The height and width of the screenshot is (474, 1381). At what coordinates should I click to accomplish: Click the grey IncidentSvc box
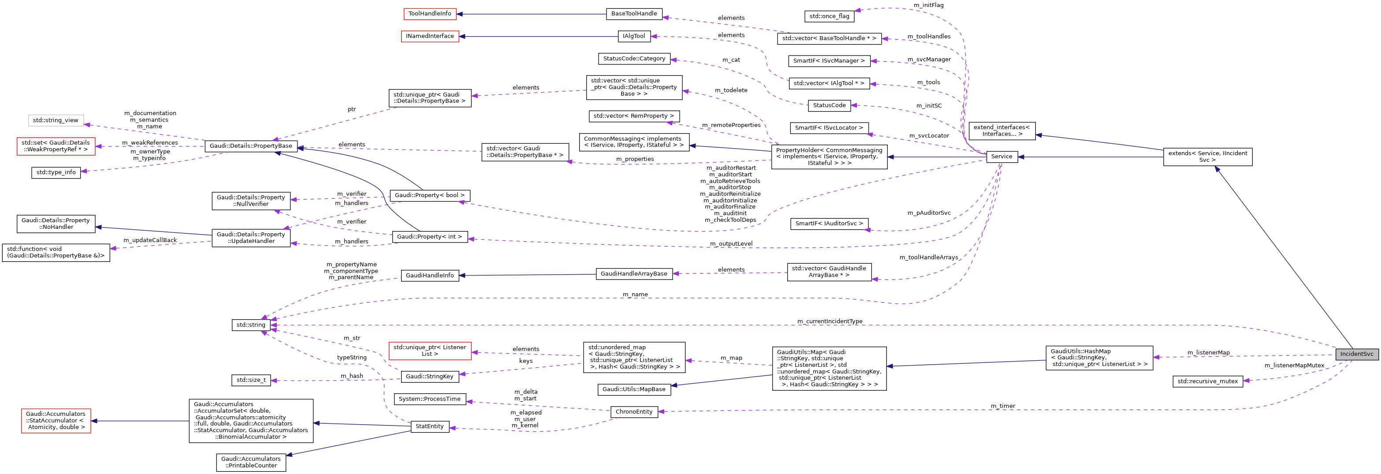(1356, 355)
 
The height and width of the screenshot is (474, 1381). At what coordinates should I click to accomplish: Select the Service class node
(1001, 157)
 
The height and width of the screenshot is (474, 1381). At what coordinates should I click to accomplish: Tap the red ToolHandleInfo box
(429, 13)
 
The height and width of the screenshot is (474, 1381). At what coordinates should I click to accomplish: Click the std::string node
(251, 325)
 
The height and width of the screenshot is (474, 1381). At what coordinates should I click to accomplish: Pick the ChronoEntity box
(634, 412)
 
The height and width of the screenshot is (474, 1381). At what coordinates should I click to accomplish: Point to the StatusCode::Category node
(634, 59)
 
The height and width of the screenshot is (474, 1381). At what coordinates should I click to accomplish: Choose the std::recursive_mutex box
(1207, 381)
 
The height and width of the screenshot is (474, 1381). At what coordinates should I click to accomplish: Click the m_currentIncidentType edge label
(830, 321)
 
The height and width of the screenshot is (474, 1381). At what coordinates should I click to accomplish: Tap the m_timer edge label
(1002, 406)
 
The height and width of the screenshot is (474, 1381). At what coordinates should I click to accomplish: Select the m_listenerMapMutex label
(1294, 365)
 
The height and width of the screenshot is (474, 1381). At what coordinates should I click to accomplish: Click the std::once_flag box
(829, 16)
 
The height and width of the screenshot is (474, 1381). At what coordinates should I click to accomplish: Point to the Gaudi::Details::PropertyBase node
(251, 146)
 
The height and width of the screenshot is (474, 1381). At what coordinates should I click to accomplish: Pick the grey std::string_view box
(55, 120)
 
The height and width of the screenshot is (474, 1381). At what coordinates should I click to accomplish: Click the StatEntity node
(429, 426)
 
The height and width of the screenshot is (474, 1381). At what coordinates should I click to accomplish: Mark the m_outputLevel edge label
(731, 243)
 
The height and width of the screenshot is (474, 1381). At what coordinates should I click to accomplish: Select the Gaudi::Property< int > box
(429, 236)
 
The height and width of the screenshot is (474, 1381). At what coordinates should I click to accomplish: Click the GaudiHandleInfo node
(429, 276)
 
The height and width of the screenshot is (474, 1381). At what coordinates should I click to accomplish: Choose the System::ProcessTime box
(429, 399)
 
